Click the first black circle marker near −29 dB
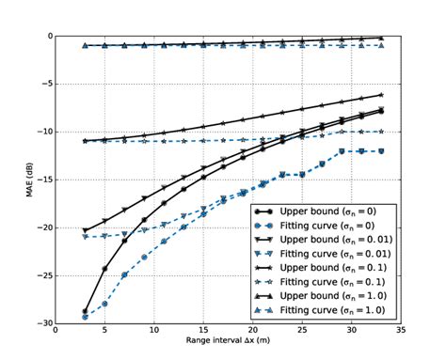point(85,311)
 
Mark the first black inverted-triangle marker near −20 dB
point(85,230)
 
